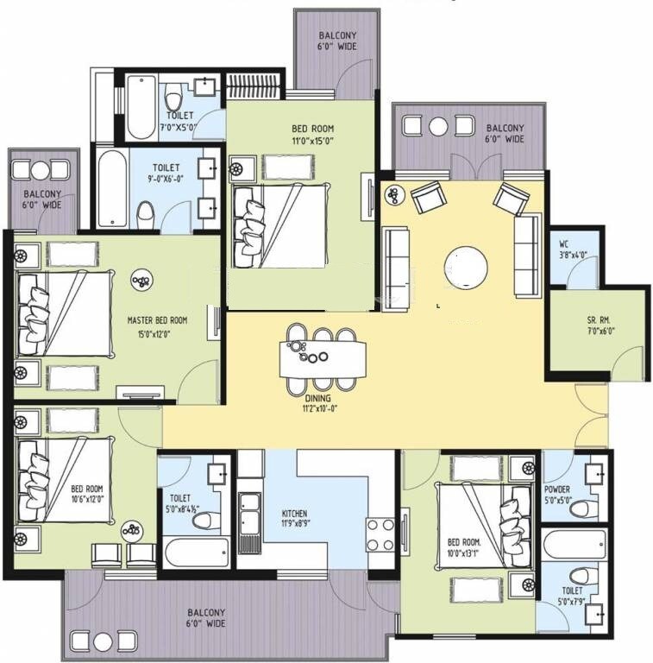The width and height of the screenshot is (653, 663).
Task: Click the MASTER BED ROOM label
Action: tap(157, 320)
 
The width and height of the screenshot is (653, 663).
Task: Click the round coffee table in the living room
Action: tap(465, 267)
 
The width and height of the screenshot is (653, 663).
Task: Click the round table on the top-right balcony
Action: tap(438, 127)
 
